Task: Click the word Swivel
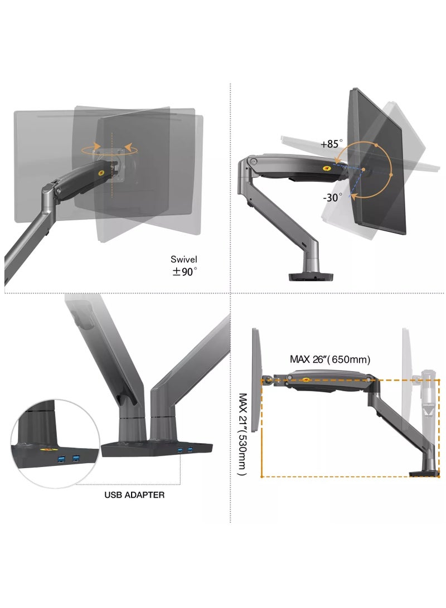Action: click(x=184, y=259)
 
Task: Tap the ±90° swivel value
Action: click(x=184, y=271)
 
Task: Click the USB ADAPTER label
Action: click(x=134, y=494)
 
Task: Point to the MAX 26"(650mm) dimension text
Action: click(x=330, y=359)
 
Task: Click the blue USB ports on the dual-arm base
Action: click(x=185, y=449)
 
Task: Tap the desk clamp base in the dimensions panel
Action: click(x=424, y=474)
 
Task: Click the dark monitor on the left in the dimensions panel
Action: click(x=256, y=379)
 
